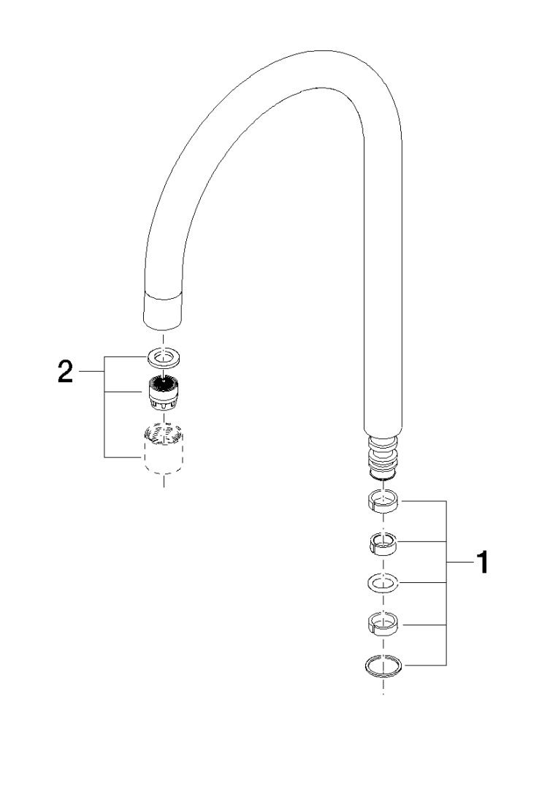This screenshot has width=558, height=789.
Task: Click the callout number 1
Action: [x=482, y=562]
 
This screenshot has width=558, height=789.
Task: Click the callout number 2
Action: [x=66, y=372]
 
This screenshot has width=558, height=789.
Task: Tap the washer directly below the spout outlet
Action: [x=164, y=357]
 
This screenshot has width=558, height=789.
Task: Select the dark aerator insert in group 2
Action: [x=163, y=394]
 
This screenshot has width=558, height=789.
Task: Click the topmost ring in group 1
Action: [x=384, y=501]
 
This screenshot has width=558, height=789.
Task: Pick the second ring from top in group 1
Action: [x=383, y=544]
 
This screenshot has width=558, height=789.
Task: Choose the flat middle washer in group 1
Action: [x=383, y=583]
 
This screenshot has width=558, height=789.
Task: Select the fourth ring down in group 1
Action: [x=383, y=624]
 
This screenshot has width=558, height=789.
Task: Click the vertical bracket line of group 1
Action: [x=446, y=583]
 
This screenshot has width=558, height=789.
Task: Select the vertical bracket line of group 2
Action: [x=104, y=407]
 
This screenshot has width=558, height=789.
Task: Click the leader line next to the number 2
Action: [x=91, y=372]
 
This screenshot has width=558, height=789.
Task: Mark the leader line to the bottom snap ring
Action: [x=425, y=666]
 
